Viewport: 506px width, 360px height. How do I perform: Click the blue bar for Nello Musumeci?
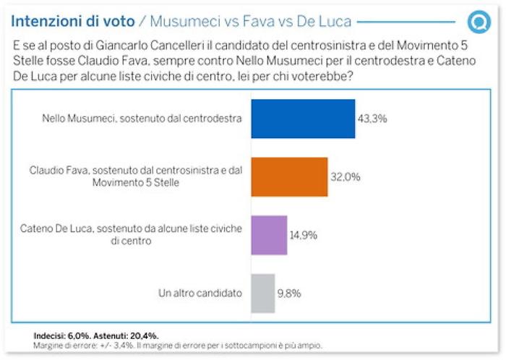click(302, 119)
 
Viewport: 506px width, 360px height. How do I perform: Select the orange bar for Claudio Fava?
click(289, 177)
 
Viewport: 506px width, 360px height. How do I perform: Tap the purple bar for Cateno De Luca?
click(269, 235)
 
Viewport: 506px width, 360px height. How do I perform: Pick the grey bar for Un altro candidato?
click(262, 293)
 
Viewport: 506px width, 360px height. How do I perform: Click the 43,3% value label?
click(373, 119)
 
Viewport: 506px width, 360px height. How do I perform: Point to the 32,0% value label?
click(346, 177)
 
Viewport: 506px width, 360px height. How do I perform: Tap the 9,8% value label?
click(291, 293)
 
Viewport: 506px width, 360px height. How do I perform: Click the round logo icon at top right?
click(478, 22)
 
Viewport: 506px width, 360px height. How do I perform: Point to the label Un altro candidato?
click(200, 293)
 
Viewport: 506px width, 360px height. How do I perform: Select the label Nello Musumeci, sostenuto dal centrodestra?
click(142, 119)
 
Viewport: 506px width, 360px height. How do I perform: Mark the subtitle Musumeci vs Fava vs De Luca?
click(250, 21)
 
